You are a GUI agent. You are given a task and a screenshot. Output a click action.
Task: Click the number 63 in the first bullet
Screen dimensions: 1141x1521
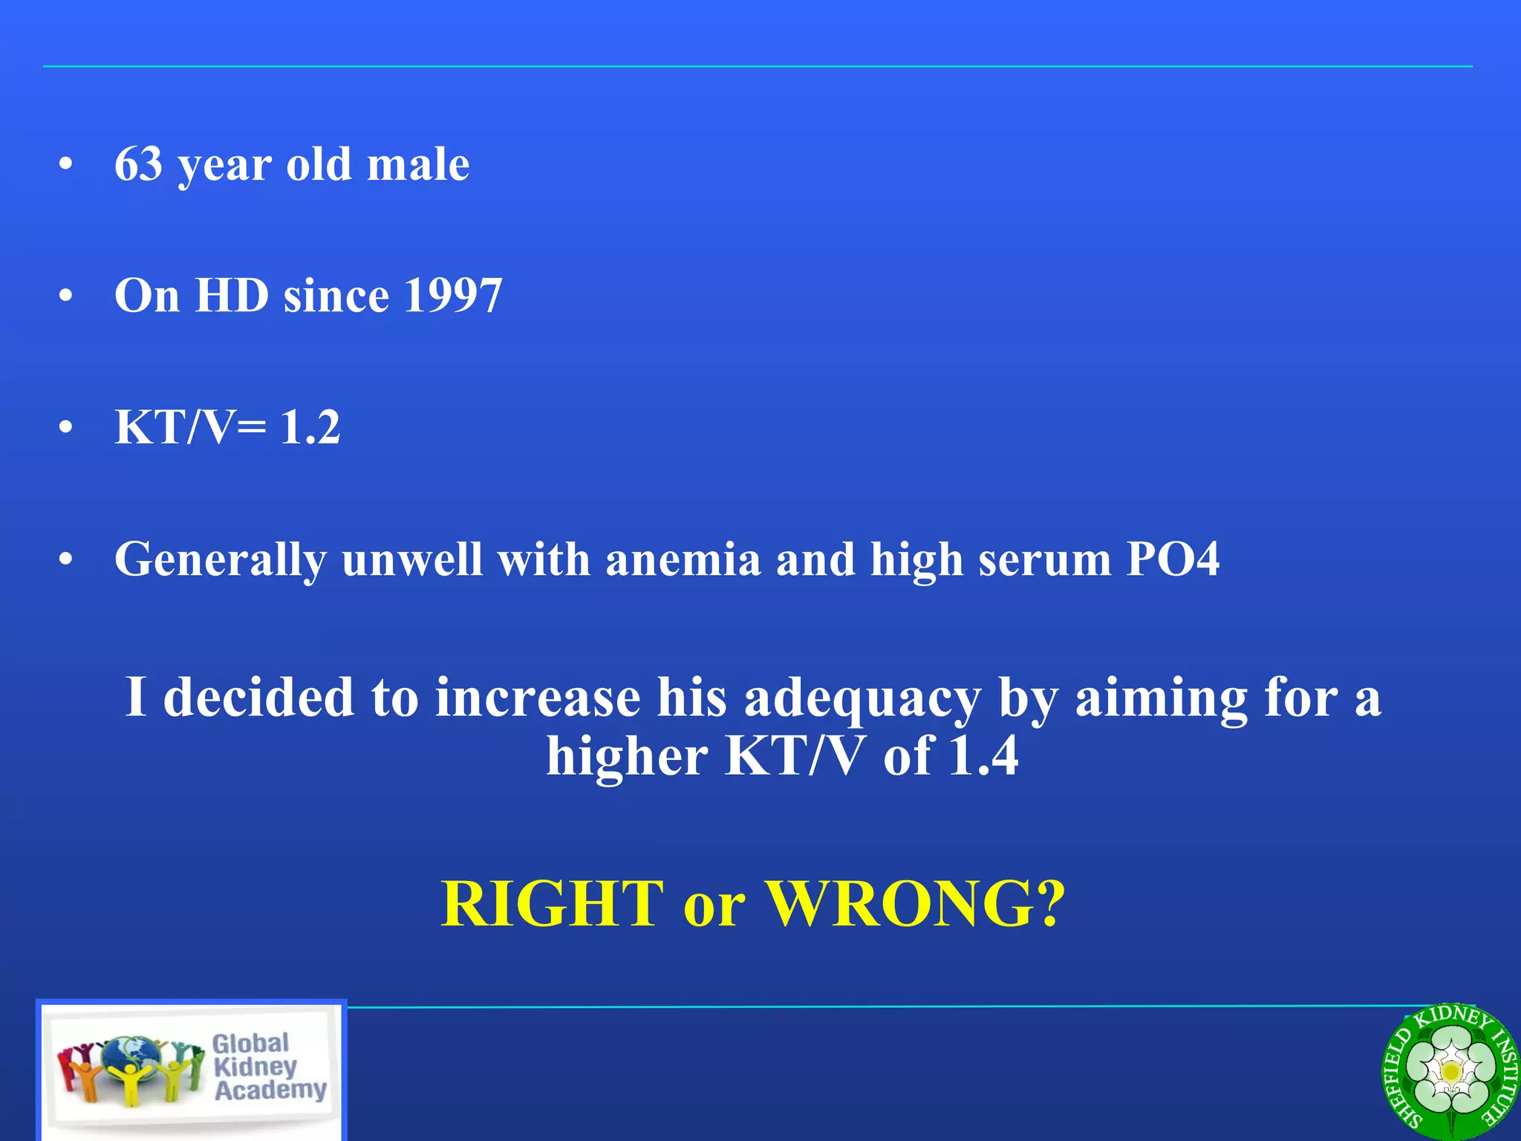(x=138, y=164)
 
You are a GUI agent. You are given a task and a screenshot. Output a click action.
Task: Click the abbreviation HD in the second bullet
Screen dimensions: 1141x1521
(x=231, y=296)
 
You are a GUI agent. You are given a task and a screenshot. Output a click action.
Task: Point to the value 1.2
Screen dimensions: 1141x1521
(x=310, y=427)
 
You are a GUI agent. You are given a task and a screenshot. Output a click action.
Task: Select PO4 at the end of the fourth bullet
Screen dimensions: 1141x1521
(x=1173, y=559)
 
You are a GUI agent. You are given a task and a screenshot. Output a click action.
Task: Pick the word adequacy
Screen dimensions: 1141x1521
(x=862, y=698)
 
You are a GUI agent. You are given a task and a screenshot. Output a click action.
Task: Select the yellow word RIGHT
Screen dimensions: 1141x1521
(x=552, y=903)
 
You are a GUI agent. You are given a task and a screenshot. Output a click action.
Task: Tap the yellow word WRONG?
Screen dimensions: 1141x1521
(x=915, y=903)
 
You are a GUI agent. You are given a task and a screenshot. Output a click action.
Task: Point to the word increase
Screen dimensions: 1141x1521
(x=538, y=698)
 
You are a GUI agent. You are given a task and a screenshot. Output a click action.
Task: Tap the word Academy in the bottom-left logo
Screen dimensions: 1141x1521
(x=270, y=1090)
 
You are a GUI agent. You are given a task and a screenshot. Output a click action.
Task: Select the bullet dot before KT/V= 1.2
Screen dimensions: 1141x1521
(x=66, y=428)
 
